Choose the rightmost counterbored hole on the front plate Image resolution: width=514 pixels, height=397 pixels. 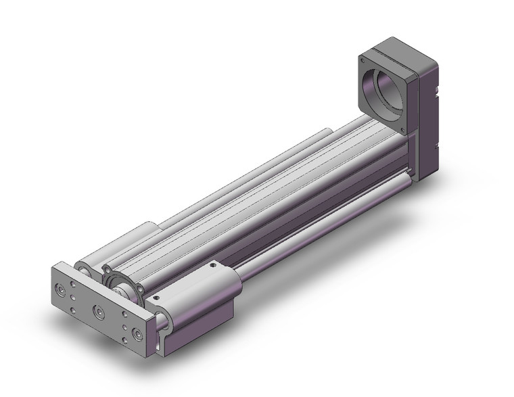[138, 334]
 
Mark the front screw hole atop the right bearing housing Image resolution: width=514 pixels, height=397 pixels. [158, 296]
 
